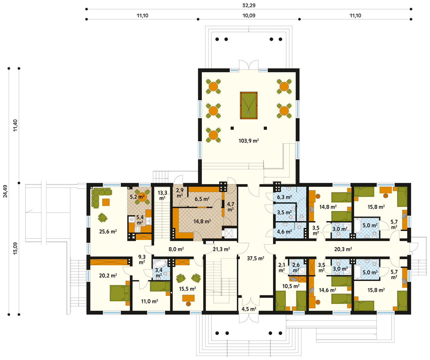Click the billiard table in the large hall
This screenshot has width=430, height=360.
(249, 105)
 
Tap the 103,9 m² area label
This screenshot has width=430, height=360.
(249, 141)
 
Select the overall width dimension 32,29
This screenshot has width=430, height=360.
(249, 5)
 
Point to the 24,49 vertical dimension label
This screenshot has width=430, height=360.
(5, 191)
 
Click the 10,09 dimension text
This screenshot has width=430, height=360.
(249, 15)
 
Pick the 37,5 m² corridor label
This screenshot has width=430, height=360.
(256, 258)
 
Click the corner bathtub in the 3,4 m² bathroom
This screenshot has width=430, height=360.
(160, 264)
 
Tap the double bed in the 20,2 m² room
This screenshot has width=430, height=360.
(120, 293)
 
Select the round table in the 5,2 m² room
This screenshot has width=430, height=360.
(142, 197)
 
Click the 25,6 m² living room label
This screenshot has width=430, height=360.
(108, 232)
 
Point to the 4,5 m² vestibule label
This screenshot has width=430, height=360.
(249, 309)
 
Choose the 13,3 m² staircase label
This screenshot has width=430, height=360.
(162, 195)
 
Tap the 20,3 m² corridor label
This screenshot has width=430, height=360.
(343, 249)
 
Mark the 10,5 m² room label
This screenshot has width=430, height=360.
(291, 286)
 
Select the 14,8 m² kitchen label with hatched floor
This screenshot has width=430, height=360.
(202, 221)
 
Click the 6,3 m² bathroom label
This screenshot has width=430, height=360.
(285, 197)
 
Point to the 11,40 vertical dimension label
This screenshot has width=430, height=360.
(15, 125)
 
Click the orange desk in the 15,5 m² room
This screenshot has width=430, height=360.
(188, 298)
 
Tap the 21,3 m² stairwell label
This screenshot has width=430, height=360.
(222, 249)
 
